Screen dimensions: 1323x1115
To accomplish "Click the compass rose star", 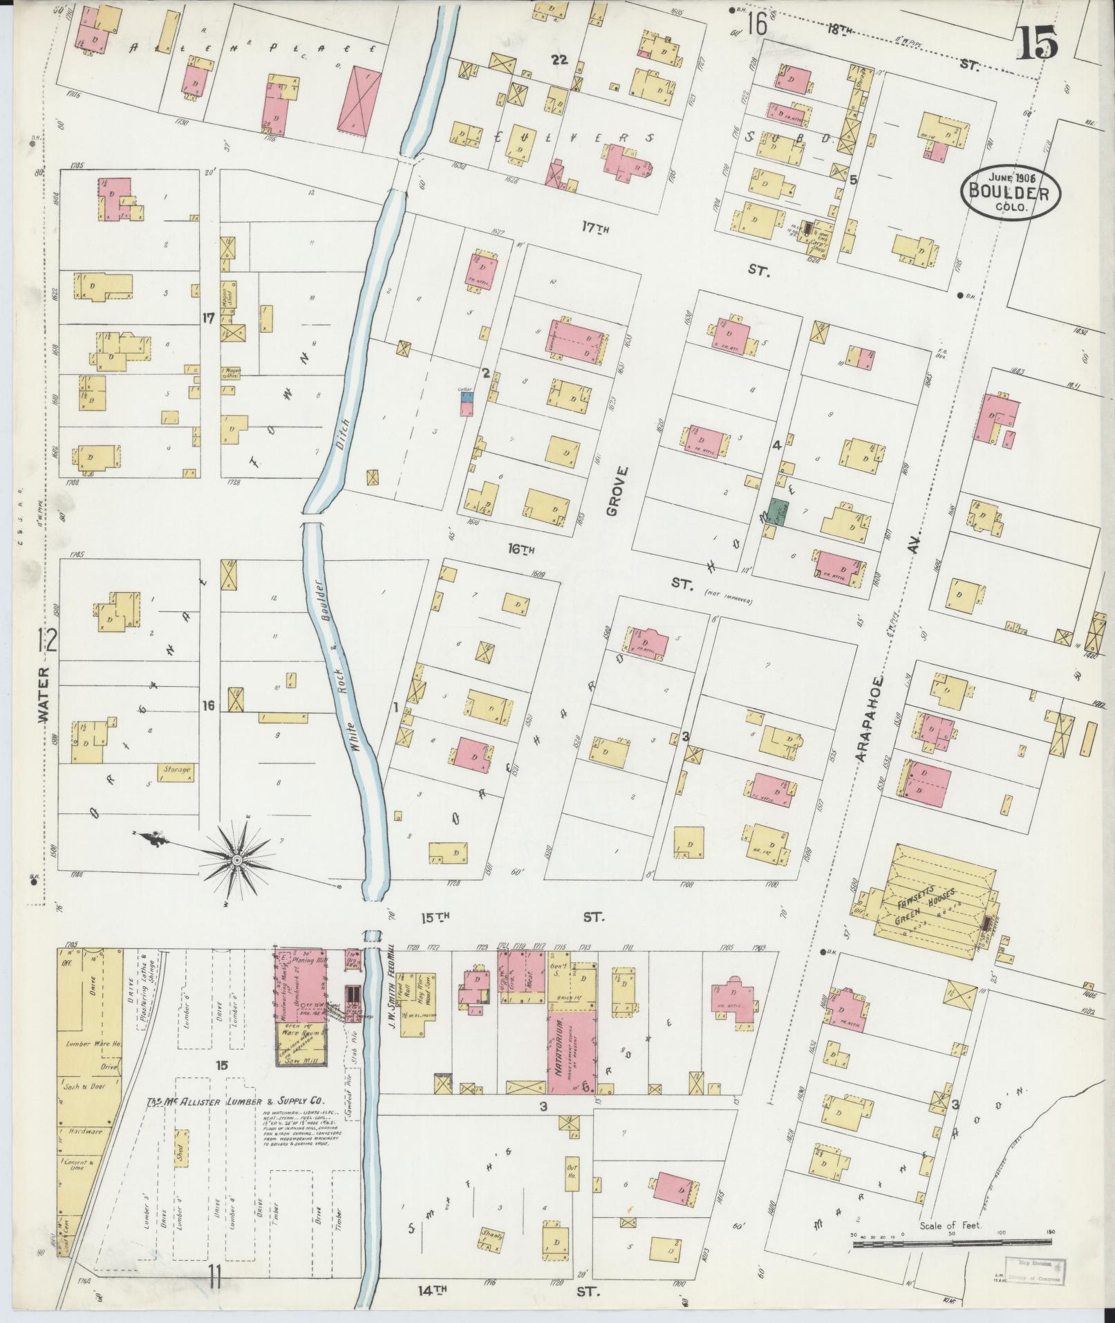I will tap(237, 860).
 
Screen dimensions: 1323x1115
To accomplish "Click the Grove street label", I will tap(617, 491).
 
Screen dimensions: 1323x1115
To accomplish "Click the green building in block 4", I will tap(779, 512).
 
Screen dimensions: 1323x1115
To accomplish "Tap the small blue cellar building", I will tap(466, 396).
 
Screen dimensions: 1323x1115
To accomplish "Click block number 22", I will tap(559, 60).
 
